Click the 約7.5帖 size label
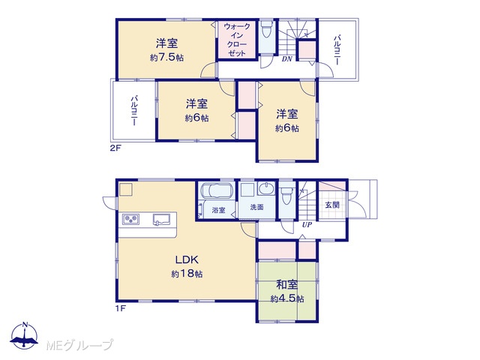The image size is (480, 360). coord(166,58)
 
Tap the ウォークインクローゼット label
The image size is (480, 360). coord(237,40)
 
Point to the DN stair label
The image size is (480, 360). coord(286,58)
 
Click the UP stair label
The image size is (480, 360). coord(307,225)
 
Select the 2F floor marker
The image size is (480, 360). coord(115,148)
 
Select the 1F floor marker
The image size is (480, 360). coord(120,308)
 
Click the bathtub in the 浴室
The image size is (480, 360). coord(216,190)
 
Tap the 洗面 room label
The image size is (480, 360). coord(256,207)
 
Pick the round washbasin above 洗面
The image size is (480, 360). coord(267,188)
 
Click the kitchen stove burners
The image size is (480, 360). coord(131,219)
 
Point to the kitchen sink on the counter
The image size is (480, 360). coord(161,219)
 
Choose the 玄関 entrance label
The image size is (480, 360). coord(332,205)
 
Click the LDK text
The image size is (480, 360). coord(187,260)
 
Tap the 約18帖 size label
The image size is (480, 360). coord(187,274)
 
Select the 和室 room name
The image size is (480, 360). coord(286,284)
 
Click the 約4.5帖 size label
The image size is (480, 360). coord(286,298)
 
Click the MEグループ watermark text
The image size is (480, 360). coord(79,345)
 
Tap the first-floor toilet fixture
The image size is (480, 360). coord(287,194)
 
